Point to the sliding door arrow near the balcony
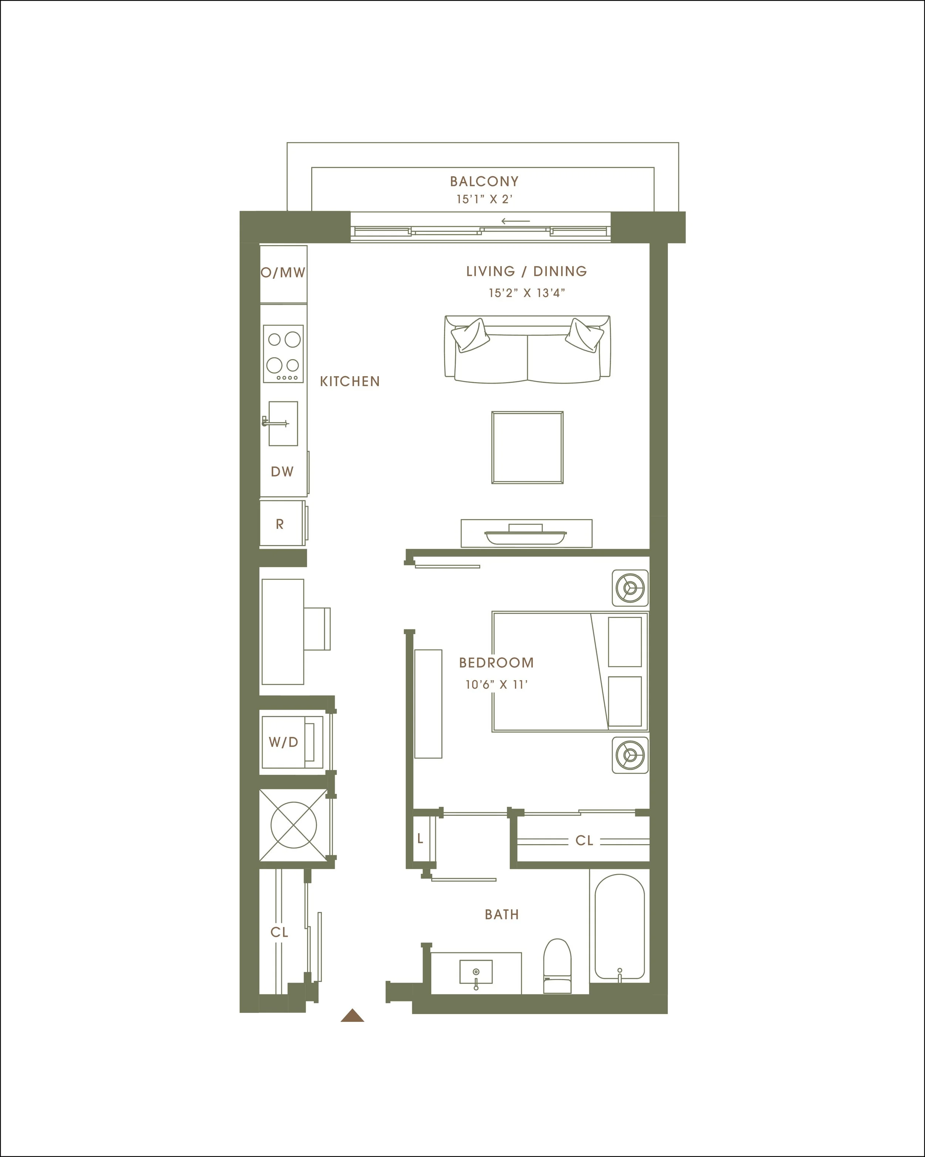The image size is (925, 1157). [x=515, y=221]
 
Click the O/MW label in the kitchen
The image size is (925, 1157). [x=283, y=272]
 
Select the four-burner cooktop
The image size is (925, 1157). [x=283, y=354]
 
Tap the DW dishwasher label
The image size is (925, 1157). [x=282, y=472]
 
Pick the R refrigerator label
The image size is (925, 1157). [x=279, y=524]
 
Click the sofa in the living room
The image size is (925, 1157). [x=528, y=349]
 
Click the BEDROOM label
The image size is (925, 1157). [x=497, y=663]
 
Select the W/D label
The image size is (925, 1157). [x=283, y=742]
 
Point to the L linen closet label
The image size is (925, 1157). [x=420, y=838]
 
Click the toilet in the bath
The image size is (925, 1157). [x=558, y=966]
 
